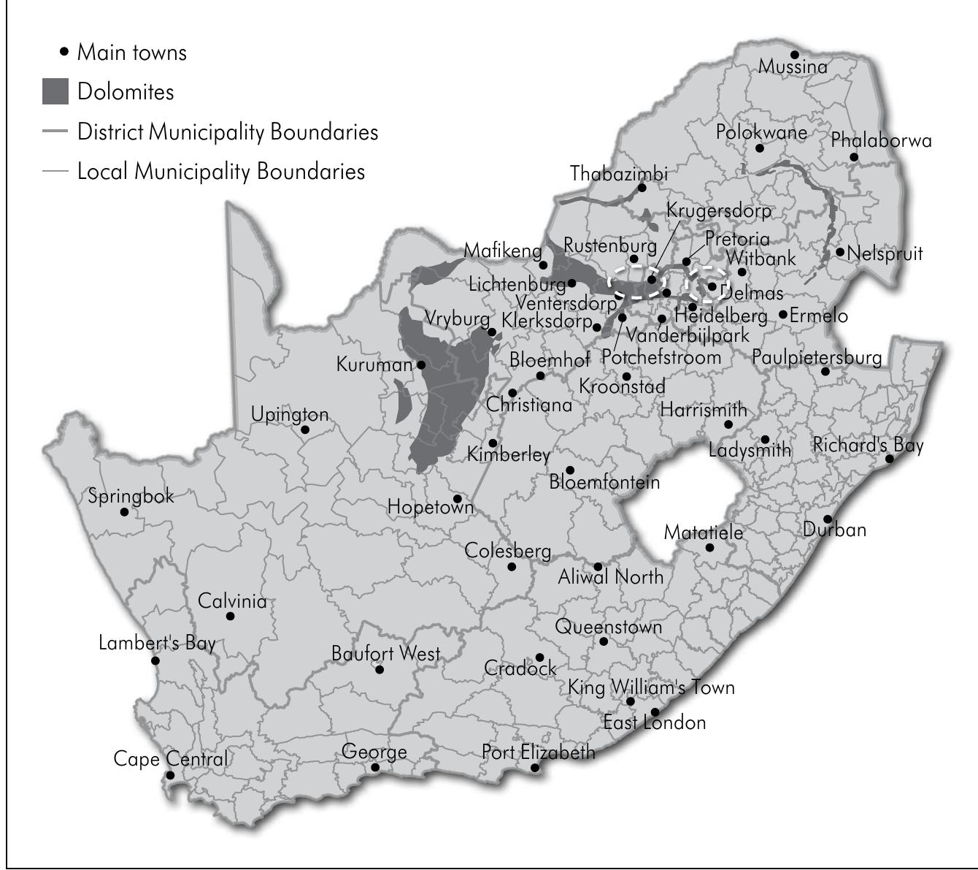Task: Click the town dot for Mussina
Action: pyautogui.click(x=795, y=55)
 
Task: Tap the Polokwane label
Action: pyautogui.click(x=761, y=132)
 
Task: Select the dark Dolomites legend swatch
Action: pyautogui.click(x=55, y=92)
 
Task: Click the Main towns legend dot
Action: pyautogui.click(x=64, y=52)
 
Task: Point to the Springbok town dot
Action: pyautogui.click(x=124, y=512)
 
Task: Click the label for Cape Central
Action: pyautogui.click(x=170, y=759)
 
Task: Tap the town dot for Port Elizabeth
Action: pyautogui.click(x=535, y=768)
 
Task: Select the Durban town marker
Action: pyautogui.click(x=828, y=519)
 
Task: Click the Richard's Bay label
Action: pyautogui.click(x=868, y=445)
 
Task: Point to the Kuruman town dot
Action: pyautogui.click(x=421, y=365)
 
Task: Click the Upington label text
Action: pyautogui.click(x=290, y=414)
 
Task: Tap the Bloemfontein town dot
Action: pyautogui.click(x=570, y=470)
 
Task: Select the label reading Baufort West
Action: pyautogui.click(x=385, y=653)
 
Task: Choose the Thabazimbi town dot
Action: pyautogui.click(x=642, y=188)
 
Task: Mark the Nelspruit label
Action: pyautogui.click(x=885, y=253)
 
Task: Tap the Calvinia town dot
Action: pyautogui.click(x=231, y=616)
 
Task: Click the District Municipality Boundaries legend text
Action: pyautogui.click(x=228, y=132)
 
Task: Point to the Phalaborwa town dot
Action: pyautogui.click(x=854, y=157)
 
